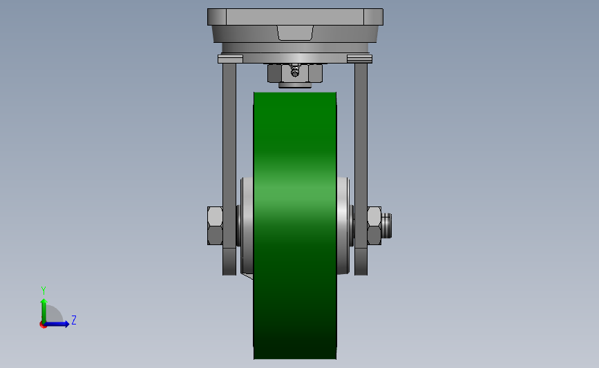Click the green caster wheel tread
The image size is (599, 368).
point(295,225)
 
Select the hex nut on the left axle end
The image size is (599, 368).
point(215,226)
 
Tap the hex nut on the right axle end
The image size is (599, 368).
point(374,226)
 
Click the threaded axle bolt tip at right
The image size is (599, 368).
point(387,226)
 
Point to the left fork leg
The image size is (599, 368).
point(229,168)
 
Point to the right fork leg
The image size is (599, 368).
point(361,168)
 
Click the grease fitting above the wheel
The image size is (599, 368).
point(294,71)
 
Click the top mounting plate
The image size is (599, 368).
point(295,17)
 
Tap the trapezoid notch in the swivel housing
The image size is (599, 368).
point(295,33)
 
